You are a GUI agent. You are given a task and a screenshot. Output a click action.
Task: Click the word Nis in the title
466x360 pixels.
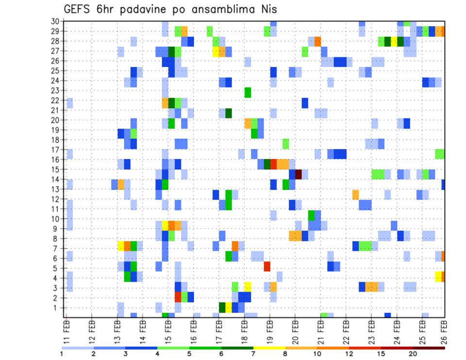[x=267, y=9]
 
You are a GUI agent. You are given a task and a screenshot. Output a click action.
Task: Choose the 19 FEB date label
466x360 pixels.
[x=270, y=330]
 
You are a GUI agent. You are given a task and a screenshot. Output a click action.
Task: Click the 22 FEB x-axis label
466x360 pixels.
[x=346, y=330]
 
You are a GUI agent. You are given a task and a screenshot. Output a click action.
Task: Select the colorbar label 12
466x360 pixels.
[x=349, y=354]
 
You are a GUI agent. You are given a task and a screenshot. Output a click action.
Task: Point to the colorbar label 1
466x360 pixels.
[x=62, y=354]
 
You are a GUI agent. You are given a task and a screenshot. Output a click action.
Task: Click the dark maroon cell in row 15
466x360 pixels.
[x=299, y=174]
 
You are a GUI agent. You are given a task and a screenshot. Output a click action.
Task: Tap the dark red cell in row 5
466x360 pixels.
[x=267, y=266]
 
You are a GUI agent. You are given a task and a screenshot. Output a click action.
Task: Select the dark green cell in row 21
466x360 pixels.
[x=229, y=113]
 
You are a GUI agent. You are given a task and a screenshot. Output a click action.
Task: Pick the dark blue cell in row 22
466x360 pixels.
[x=305, y=103]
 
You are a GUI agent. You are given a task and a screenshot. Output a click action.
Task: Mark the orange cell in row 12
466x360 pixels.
[x=356, y=195]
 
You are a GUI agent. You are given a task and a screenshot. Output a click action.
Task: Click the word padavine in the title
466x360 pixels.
[x=140, y=10]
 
